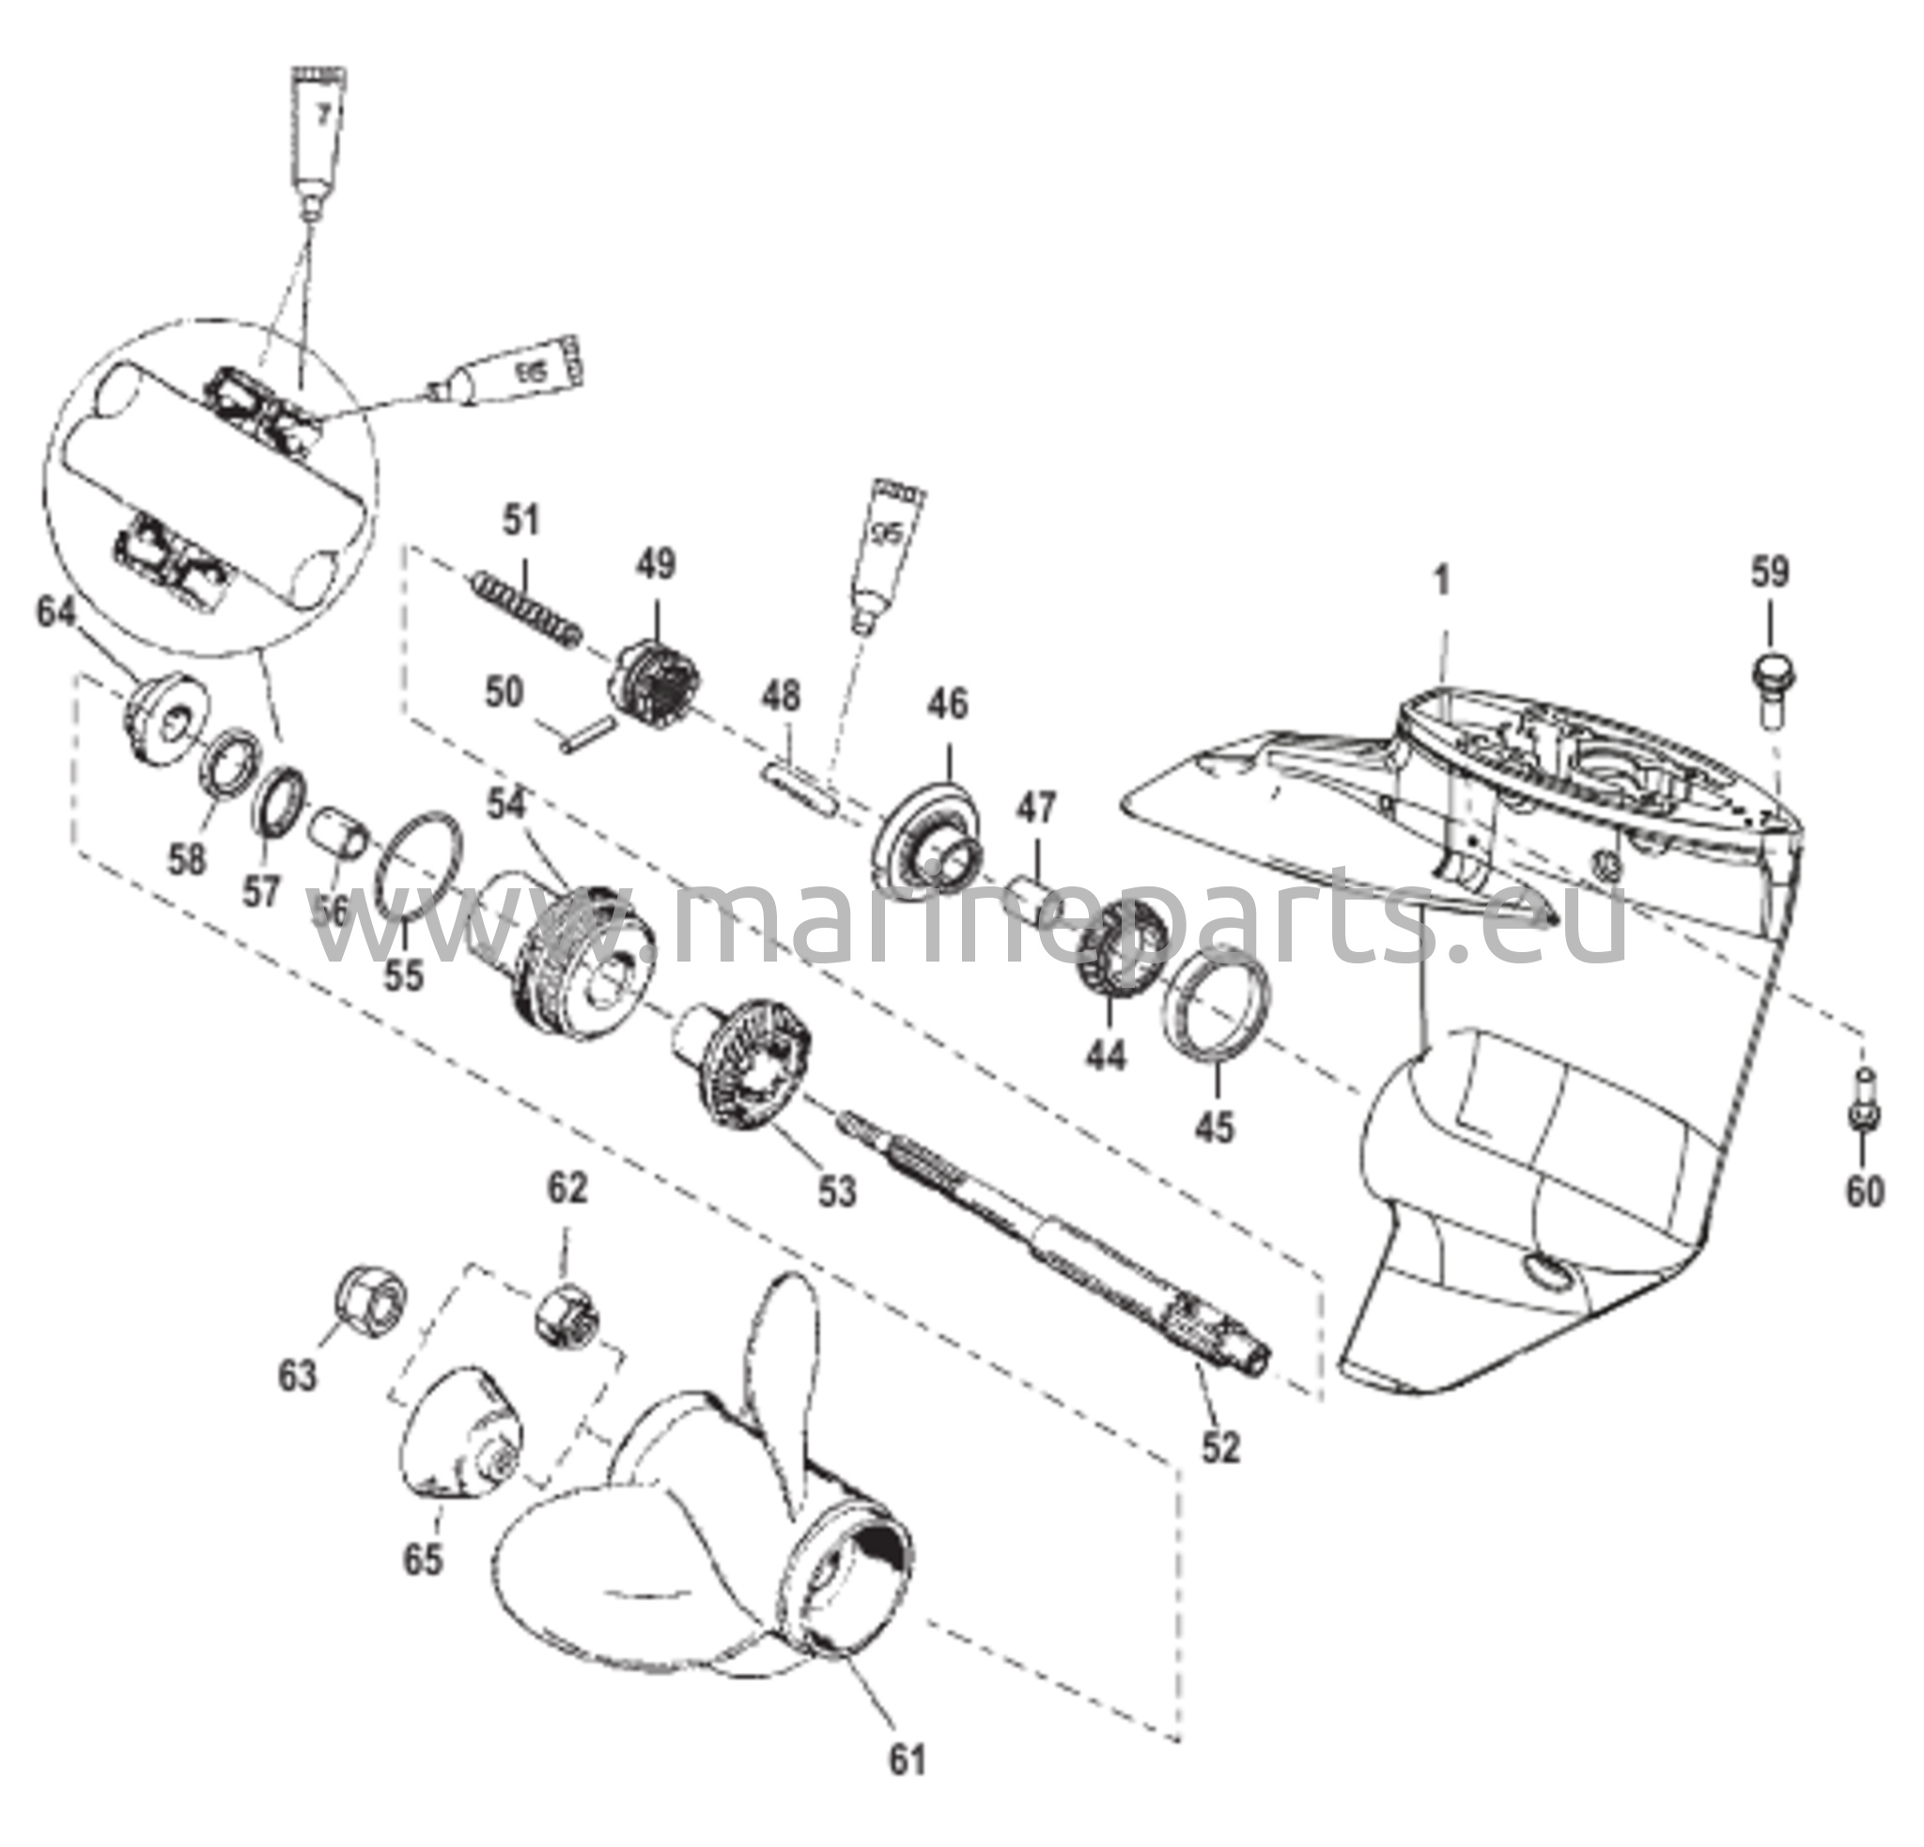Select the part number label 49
(x=656, y=565)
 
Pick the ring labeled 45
(x=1216, y=1001)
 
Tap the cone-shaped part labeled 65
(x=459, y=1444)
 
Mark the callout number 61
(x=907, y=1761)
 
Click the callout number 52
(x=1221, y=1447)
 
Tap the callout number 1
(x=1441, y=582)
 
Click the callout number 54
(x=506, y=805)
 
